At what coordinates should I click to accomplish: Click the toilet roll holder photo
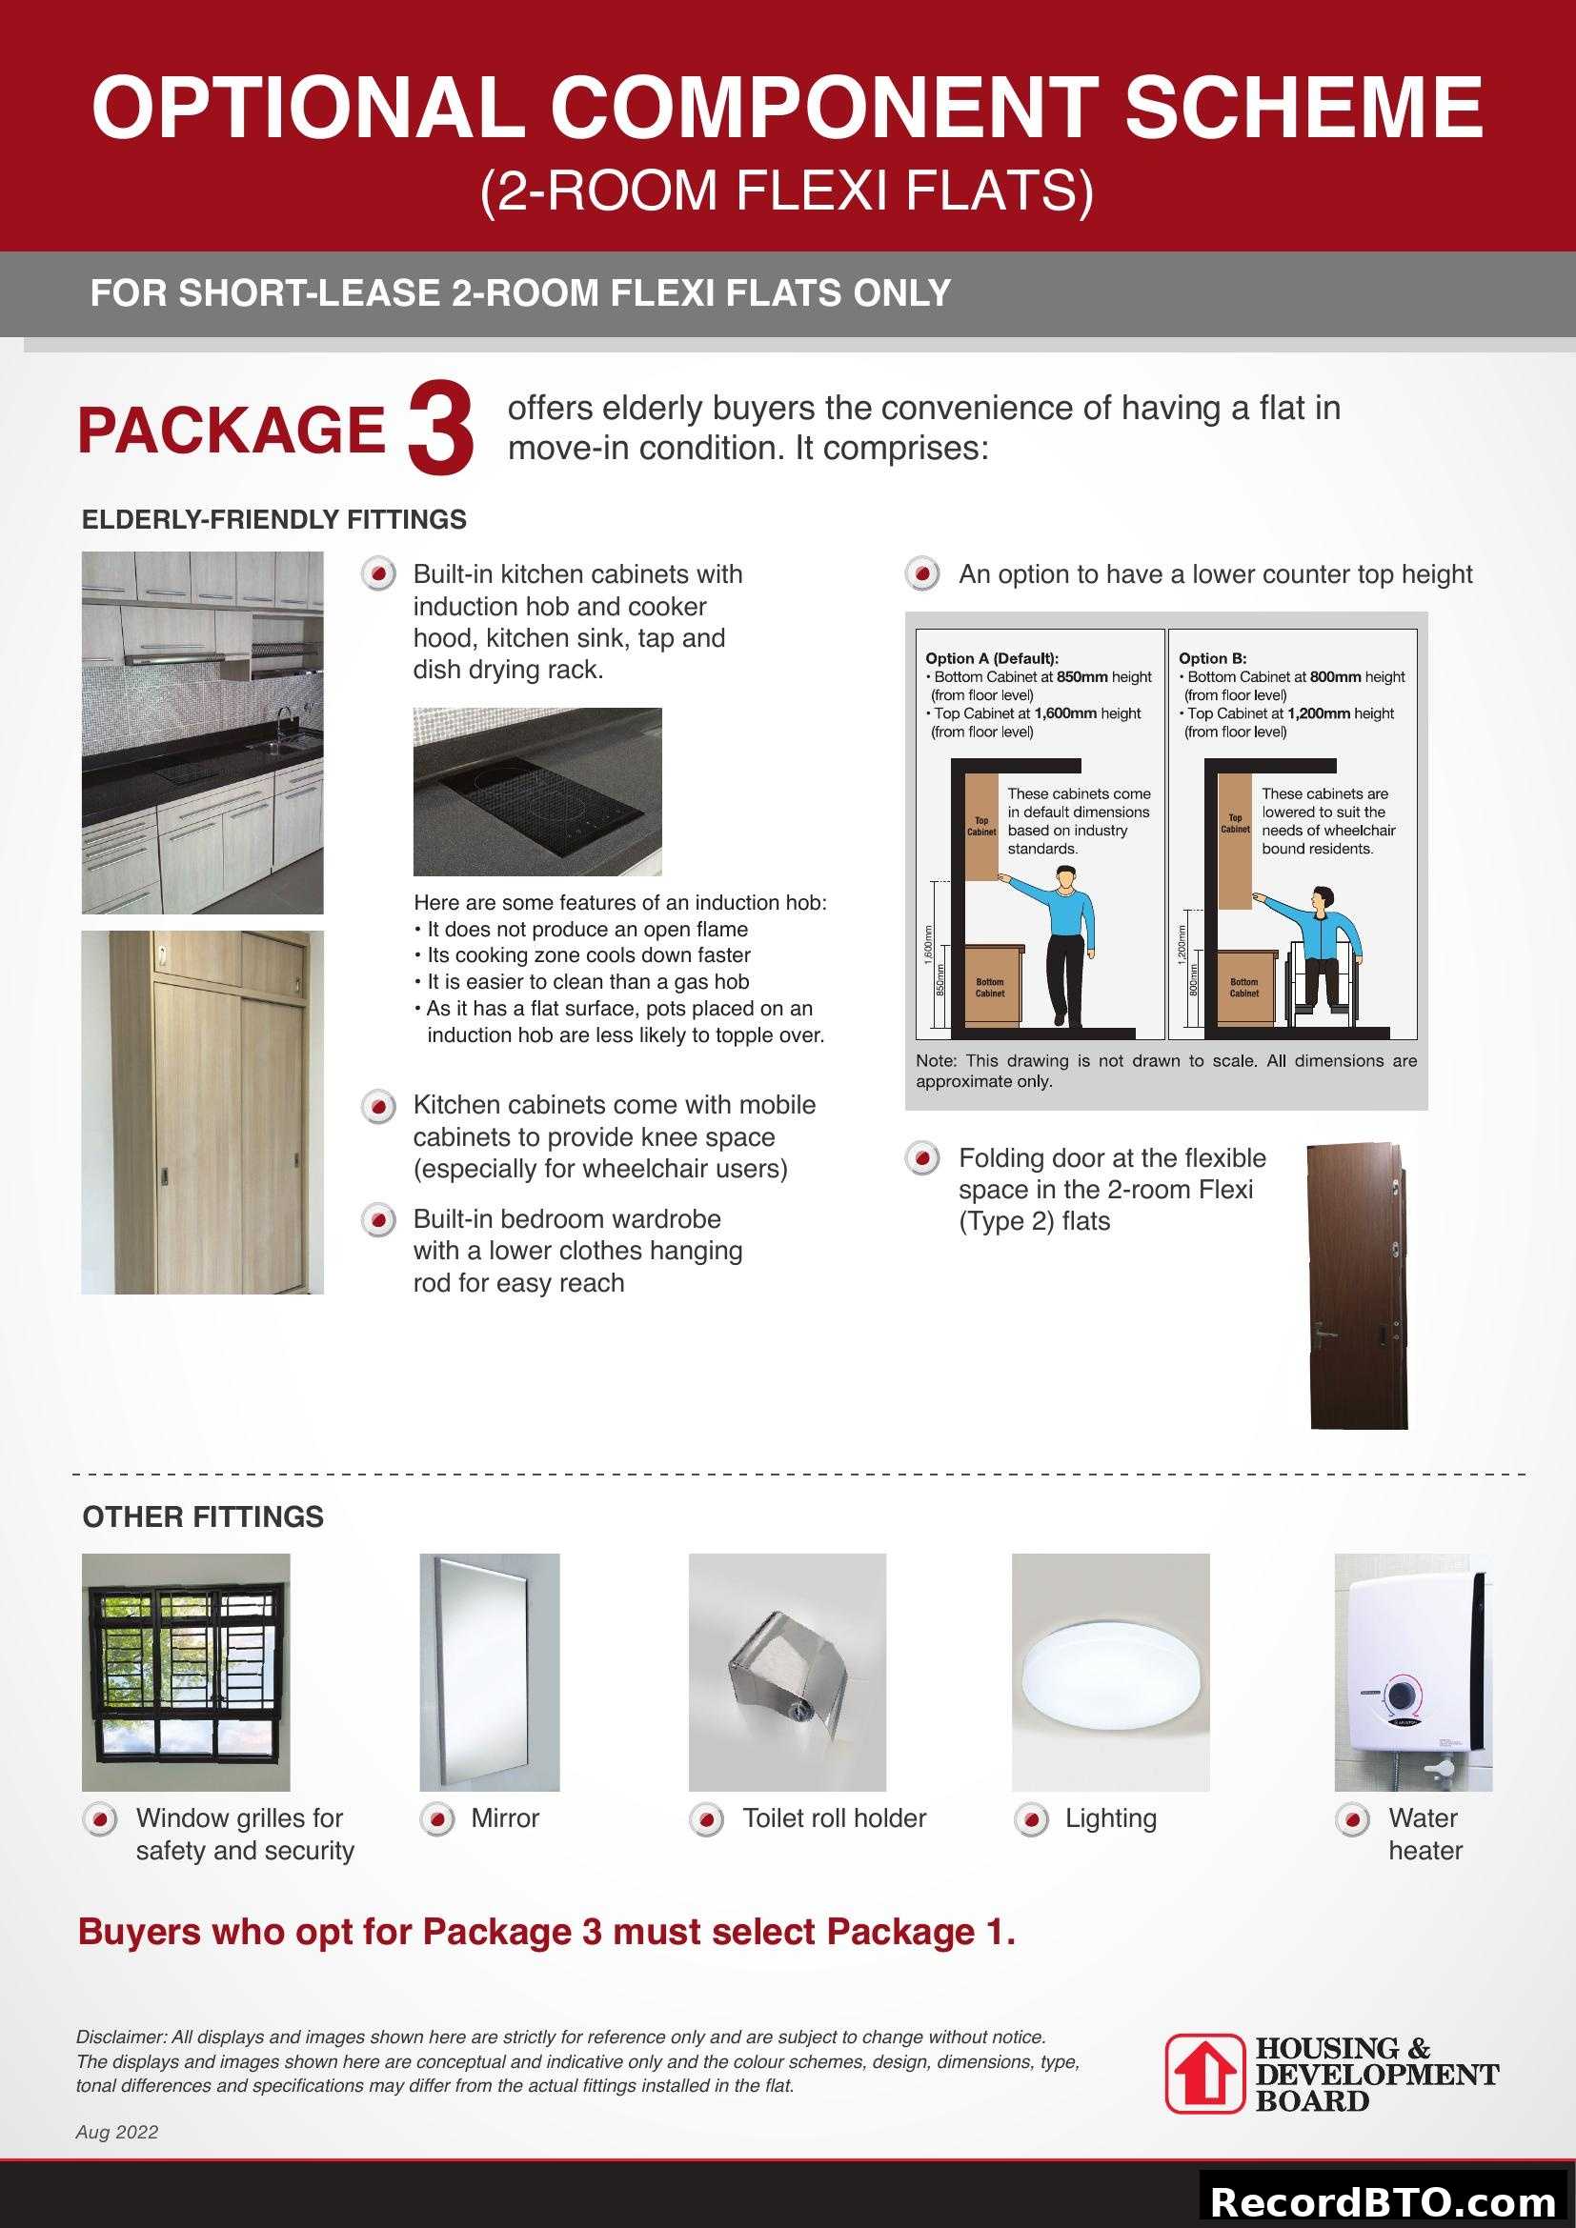click(x=786, y=1672)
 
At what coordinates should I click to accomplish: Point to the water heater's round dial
click(x=1400, y=1696)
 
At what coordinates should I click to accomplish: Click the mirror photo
click(x=489, y=1672)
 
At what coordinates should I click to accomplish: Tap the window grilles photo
click(x=186, y=1672)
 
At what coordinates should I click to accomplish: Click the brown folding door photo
click(x=1357, y=1286)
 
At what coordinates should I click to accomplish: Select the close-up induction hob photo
click(x=536, y=791)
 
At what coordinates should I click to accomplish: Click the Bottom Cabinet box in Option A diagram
click(x=990, y=987)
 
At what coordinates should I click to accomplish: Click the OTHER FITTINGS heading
click(x=203, y=1516)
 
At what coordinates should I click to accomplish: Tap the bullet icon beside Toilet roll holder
click(x=706, y=1818)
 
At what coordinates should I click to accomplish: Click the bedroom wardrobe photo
click(x=202, y=1112)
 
